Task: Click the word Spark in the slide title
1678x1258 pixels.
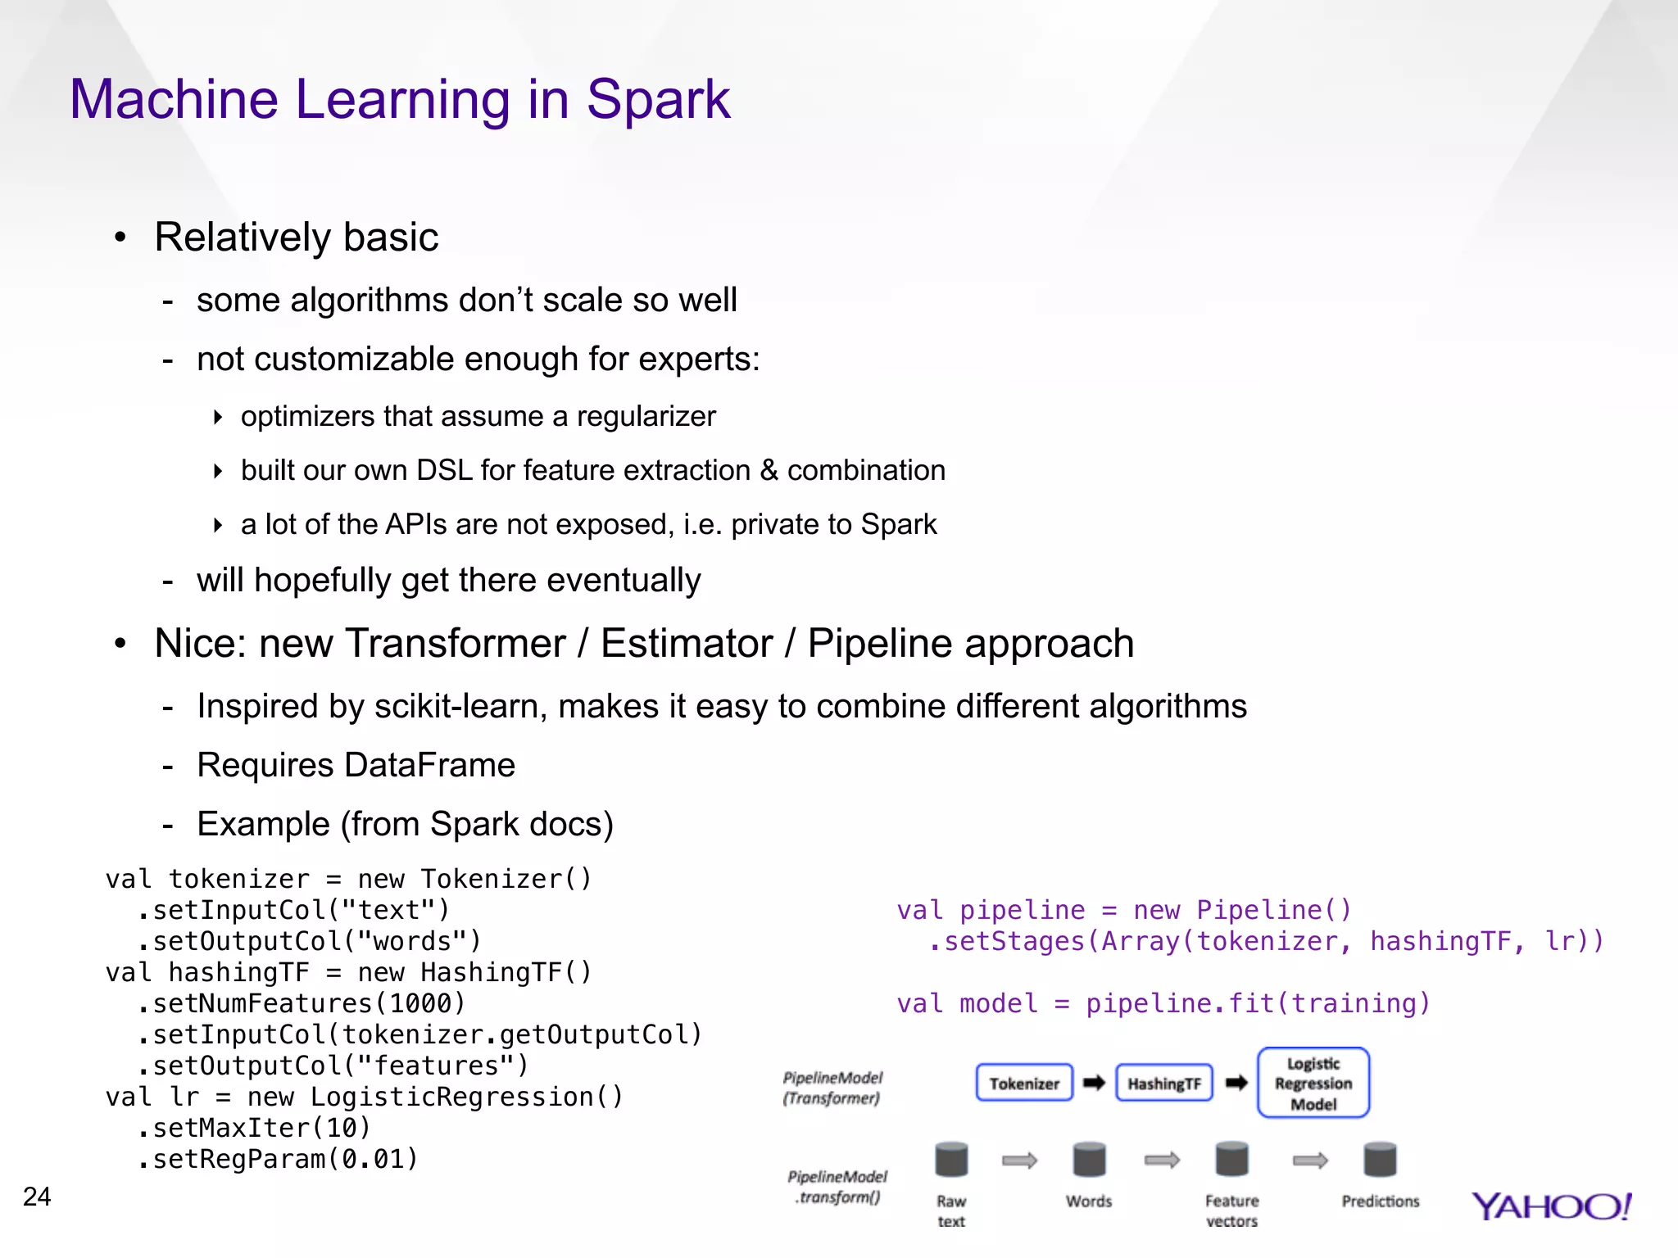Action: pyautogui.click(x=658, y=100)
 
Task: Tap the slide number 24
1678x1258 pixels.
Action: pyautogui.click(x=37, y=1197)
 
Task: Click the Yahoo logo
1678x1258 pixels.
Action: pyautogui.click(x=1552, y=1206)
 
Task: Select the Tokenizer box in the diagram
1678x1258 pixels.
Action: pyautogui.click(x=1024, y=1083)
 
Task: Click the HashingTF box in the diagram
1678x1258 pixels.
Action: pyautogui.click(x=1163, y=1083)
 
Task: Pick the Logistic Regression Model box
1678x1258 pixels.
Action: pyautogui.click(x=1313, y=1083)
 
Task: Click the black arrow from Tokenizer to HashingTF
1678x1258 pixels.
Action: pyautogui.click(x=1094, y=1083)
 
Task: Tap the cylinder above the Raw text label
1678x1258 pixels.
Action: pyautogui.click(x=951, y=1160)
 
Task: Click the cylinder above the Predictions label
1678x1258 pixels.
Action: pyautogui.click(x=1380, y=1160)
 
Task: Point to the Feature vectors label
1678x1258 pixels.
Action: pyautogui.click(x=1231, y=1210)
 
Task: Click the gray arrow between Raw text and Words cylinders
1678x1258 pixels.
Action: pyautogui.click(x=1019, y=1160)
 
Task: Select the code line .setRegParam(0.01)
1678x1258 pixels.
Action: pyautogui.click(x=279, y=1159)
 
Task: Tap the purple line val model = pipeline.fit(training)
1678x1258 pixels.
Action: pyautogui.click(x=1163, y=1003)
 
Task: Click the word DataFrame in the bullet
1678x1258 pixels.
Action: pyautogui.click(x=429, y=765)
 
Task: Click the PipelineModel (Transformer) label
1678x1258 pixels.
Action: pyautogui.click(x=832, y=1088)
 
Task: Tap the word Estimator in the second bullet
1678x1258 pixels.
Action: pyautogui.click(x=687, y=644)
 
